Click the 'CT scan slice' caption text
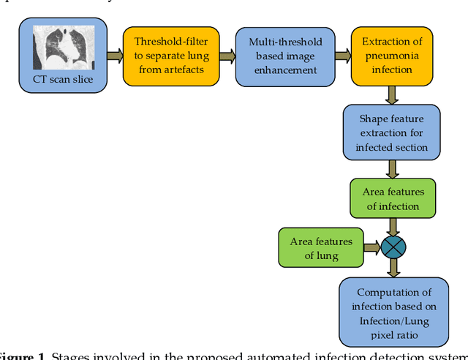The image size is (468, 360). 63,78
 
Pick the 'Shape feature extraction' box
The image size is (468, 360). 391,132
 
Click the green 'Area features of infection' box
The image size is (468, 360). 393,199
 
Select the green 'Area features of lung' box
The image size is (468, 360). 321,248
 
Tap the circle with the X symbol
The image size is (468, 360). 393,247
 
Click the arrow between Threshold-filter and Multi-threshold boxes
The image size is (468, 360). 227,55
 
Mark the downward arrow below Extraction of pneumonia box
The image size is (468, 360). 393,94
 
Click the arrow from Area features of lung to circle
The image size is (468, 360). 371,248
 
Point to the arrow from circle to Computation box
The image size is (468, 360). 393,268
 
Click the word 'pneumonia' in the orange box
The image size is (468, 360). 392,56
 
